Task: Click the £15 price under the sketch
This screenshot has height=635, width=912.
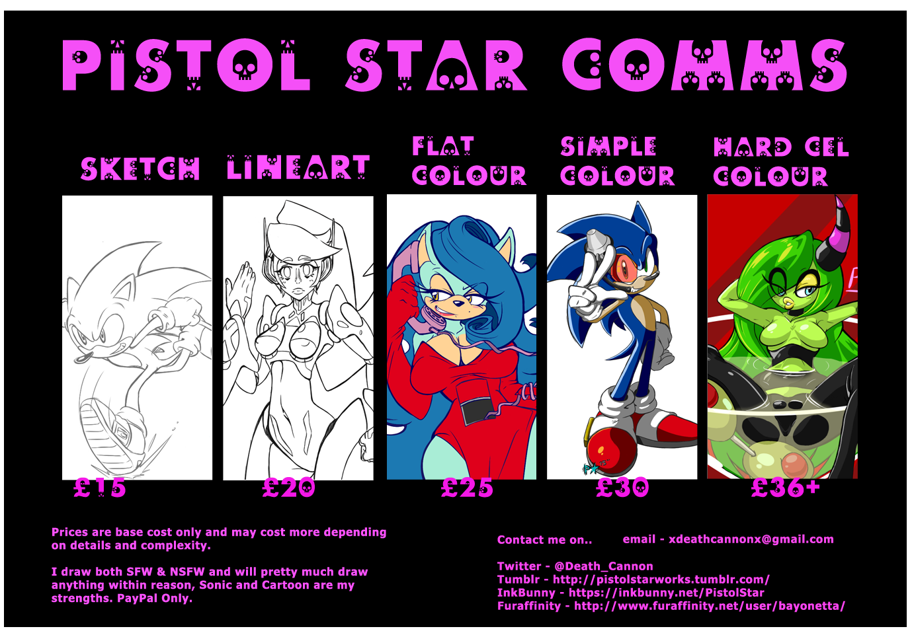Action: (100, 488)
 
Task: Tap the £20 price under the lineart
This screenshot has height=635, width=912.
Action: (288, 488)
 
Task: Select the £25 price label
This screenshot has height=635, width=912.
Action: (467, 488)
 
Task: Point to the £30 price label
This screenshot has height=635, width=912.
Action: (622, 488)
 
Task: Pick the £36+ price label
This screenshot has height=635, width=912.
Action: (786, 488)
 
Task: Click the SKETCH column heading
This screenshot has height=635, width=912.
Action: (140, 168)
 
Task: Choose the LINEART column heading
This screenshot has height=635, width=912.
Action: (298, 167)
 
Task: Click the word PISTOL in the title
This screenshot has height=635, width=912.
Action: (185, 65)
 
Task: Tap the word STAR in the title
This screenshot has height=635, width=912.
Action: (436, 65)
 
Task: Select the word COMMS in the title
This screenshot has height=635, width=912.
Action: (705, 65)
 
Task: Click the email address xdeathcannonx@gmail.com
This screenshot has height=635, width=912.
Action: (751, 539)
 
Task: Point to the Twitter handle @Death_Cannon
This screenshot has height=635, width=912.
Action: (603, 566)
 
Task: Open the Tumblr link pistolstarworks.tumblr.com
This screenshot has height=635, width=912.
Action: (661, 579)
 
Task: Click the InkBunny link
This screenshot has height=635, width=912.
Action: (667, 593)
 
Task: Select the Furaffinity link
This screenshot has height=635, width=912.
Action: (710, 606)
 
